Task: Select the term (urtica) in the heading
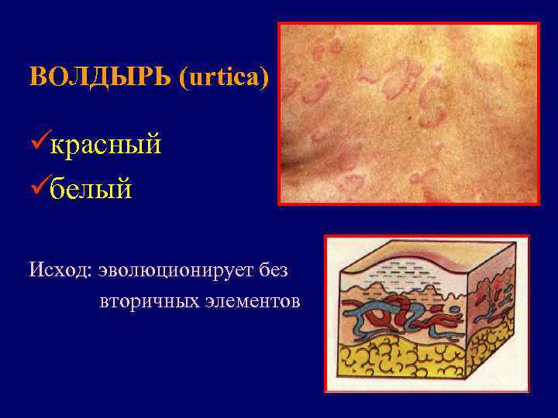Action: pyautogui.click(x=224, y=77)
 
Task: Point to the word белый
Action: pyautogui.click(x=91, y=187)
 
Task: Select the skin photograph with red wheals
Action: pyautogui.click(x=408, y=113)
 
